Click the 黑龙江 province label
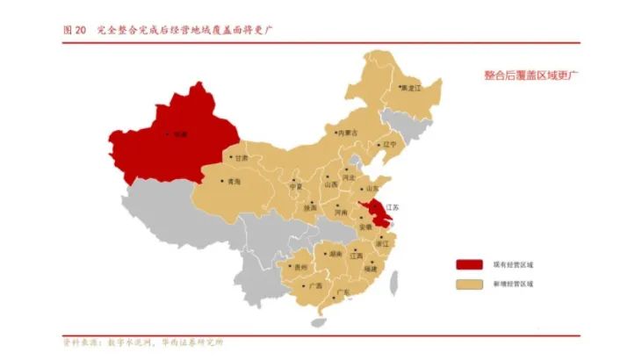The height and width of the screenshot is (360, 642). click(x=410, y=89)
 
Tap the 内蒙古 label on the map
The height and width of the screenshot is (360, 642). click(x=348, y=133)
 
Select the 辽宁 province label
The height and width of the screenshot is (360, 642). click(x=390, y=144)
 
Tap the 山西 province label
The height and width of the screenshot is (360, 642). click(x=331, y=184)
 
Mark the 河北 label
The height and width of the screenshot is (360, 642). click(x=349, y=178)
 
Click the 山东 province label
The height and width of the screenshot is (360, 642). click(x=372, y=189)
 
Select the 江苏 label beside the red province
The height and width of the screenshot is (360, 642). click(x=391, y=207)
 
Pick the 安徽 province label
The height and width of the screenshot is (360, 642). click(x=365, y=227)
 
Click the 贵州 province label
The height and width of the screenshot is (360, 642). click(x=301, y=266)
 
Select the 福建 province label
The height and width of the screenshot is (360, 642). click(x=370, y=269)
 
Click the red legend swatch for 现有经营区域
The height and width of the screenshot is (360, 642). click(x=469, y=263)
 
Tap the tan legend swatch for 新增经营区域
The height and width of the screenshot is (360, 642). click(x=469, y=284)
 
